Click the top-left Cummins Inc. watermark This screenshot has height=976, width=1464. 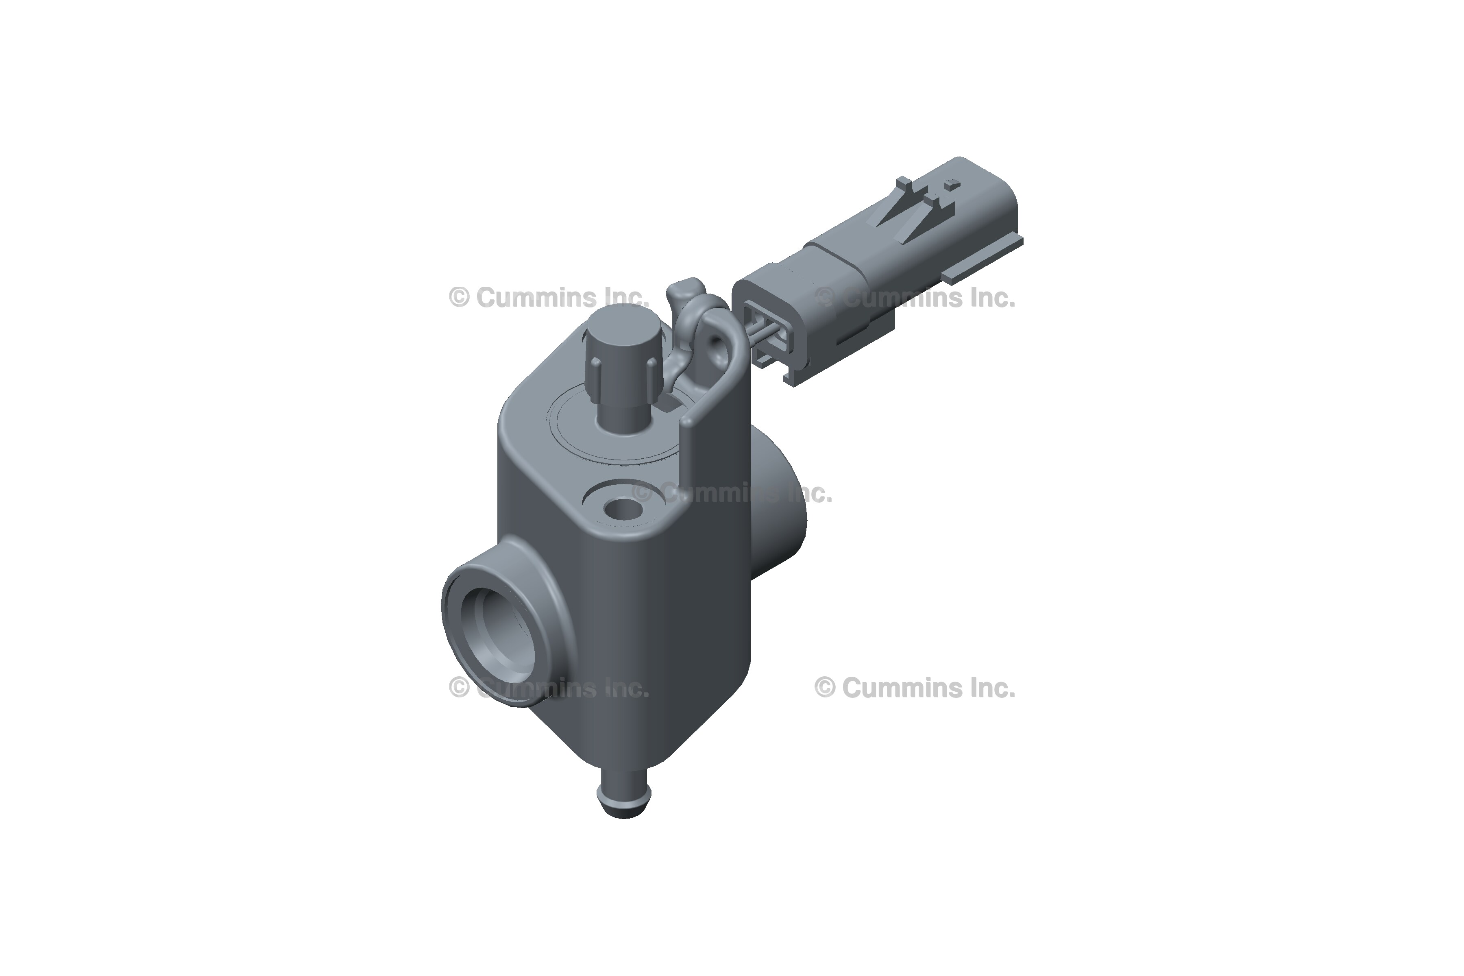[x=548, y=298]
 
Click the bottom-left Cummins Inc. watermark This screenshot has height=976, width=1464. [x=548, y=688]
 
